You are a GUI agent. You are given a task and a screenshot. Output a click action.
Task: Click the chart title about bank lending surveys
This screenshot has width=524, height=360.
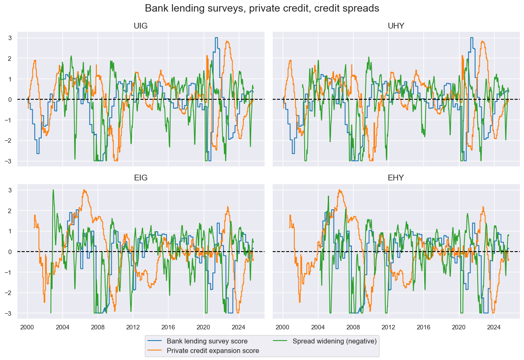click(x=262, y=8)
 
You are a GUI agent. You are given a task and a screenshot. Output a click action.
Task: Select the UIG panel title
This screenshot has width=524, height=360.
click(x=141, y=26)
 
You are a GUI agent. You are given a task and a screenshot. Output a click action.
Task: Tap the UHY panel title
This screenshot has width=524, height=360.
click(x=396, y=26)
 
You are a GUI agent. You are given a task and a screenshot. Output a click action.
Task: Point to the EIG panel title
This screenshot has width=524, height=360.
click(x=141, y=178)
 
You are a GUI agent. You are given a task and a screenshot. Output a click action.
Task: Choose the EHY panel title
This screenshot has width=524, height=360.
click(x=396, y=178)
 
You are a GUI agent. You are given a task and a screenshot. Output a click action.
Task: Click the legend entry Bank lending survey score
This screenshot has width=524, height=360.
click(x=207, y=341)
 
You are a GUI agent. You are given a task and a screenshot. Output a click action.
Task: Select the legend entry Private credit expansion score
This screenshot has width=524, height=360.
click(x=213, y=351)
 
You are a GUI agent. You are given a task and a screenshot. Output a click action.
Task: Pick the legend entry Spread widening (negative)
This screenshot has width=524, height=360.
click(x=334, y=341)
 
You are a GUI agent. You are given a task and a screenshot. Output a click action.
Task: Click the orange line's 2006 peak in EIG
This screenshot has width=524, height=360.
click(x=84, y=190)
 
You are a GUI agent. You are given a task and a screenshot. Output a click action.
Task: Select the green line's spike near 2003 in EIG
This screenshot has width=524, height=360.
click(x=53, y=190)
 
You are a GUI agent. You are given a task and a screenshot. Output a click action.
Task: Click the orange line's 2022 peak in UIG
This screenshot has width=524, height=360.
click(x=227, y=41)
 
